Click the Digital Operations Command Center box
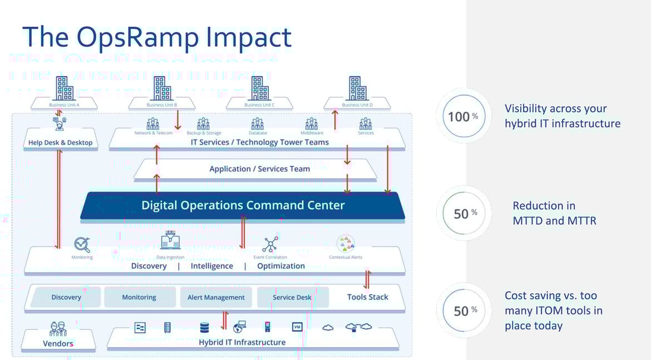pyautogui.click(x=243, y=205)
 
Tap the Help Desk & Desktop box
pyautogui.click(x=60, y=142)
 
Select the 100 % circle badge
pyautogui.click(x=463, y=116)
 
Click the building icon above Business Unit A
pyautogui.click(x=65, y=88)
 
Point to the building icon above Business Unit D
pyautogui.click(x=358, y=88)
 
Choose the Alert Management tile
pyautogui.click(x=216, y=297)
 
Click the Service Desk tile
pyautogui.click(x=292, y=297)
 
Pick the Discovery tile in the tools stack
pyautogui.click(x=66, y=297)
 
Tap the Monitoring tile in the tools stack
pyautogui.click(x=139, y=297)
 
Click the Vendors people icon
pyautogui.click(x=58, y=329)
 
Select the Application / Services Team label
pyautogui.click(x=259, y=169)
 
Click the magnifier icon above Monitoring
pyautogui.click(x=82, y=244)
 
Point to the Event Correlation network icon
pyautogui.click(x=270, y=244)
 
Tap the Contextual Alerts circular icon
pyautogui.click(x=346, y=244)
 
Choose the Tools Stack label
pyautogui.click(x=367, y=297)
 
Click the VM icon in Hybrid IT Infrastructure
pyautogui.click(x=297, y=327)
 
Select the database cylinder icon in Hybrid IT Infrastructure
pyautogui.click(x=204, y=328)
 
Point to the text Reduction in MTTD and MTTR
pyautogui.click(x=554, y=213)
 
